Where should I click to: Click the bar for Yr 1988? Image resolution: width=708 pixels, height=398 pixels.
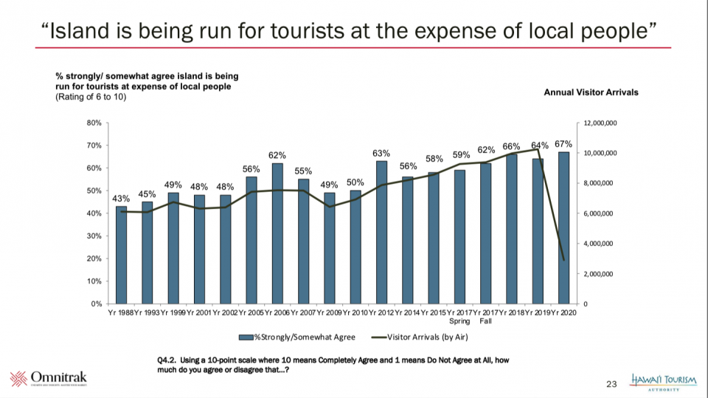click(121, 255)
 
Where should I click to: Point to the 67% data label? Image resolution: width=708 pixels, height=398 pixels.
click(563, 143)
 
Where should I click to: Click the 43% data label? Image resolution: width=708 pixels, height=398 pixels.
click(121, 198)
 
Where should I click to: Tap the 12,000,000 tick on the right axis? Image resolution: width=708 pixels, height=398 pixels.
click(600, 123)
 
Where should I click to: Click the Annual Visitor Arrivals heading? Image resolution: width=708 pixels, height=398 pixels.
click(591, 92)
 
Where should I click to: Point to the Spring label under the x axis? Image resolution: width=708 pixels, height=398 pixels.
click(459, 321)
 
